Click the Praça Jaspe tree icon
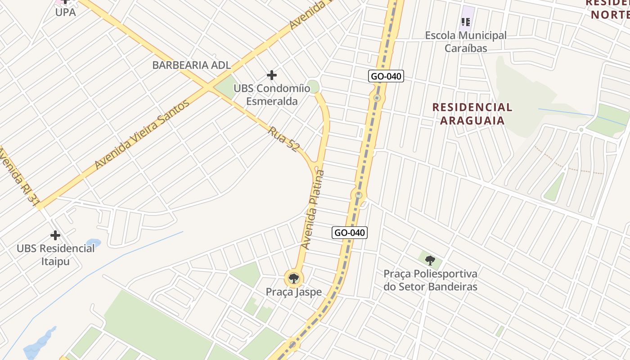(294, 278)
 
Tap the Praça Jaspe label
(294, 292)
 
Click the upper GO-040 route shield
(386, 76)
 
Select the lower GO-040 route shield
(350, 233)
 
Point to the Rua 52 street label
(284, 139)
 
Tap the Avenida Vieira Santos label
(142, 135)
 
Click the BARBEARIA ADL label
(191, 65)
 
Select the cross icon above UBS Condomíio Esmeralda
(272, 75)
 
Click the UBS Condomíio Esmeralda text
(272, 94)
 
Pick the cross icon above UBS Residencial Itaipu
(55, 235)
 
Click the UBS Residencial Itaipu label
(56, 254)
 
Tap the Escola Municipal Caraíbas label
(466, 41)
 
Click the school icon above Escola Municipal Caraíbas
(466, 21)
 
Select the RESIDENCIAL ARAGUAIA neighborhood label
(472, 113)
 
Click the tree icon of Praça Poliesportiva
(430, 260)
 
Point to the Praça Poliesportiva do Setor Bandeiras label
(430, 280)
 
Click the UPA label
(65, 12)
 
